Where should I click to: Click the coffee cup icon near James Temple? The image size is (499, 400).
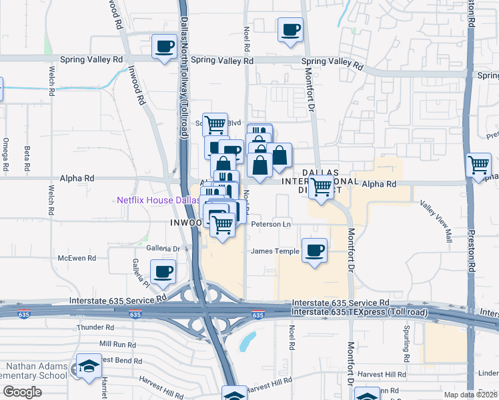[314, 251]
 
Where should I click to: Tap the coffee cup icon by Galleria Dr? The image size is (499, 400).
[163, 271]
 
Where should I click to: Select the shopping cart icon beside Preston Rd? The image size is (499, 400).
[479, 165]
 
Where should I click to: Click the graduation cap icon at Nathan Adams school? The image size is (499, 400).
[88, 367]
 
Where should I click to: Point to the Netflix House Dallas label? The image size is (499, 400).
[158, 200]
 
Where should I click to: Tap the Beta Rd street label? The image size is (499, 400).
[27, 157]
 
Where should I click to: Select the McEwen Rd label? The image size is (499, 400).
[77, 258]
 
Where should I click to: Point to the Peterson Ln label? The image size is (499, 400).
[271, 224]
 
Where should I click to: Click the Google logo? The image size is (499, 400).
[22, 392]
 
